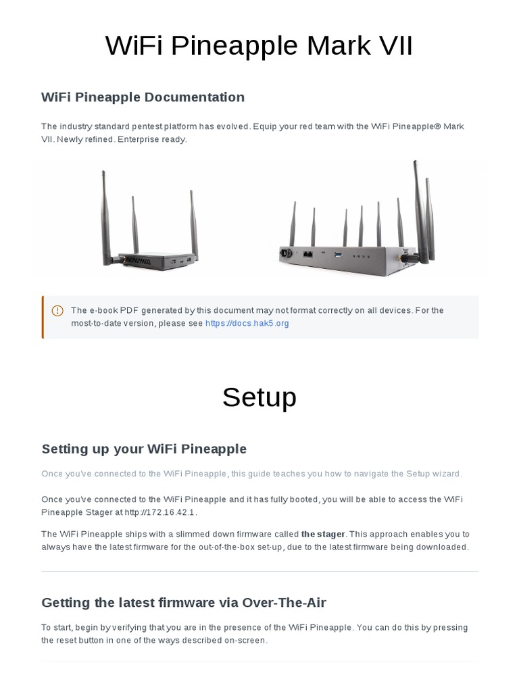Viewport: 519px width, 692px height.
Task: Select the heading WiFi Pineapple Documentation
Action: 143,97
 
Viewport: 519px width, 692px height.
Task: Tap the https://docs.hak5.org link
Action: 247,324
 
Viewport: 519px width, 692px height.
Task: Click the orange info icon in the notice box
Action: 57,311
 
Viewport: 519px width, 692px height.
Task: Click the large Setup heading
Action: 259,397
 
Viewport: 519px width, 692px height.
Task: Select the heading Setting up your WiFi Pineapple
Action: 144,449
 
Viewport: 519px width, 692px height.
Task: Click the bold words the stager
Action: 323,535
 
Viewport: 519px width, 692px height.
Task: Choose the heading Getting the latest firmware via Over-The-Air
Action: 184,602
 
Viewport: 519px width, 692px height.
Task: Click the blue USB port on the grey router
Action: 339,255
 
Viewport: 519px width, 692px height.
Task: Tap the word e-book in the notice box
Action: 103,311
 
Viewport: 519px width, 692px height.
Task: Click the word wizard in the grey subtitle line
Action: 447,474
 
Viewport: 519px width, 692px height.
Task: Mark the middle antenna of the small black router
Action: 134,223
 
